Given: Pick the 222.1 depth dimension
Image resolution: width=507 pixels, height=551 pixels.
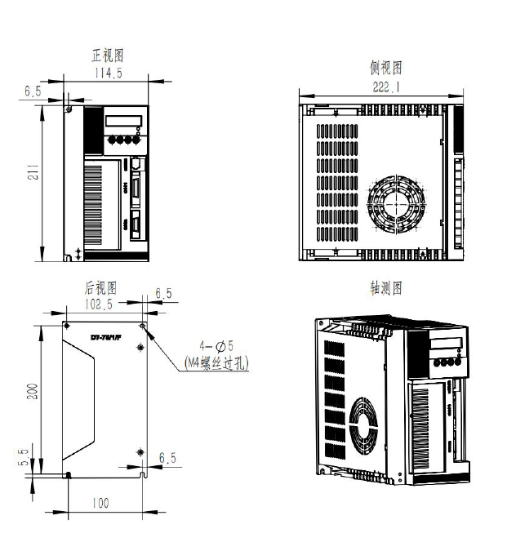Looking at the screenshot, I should point(385,87).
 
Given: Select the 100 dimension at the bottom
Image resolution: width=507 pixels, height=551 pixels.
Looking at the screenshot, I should point(100,504).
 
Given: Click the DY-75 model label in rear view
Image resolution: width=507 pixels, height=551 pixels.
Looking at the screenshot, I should point(105,337).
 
